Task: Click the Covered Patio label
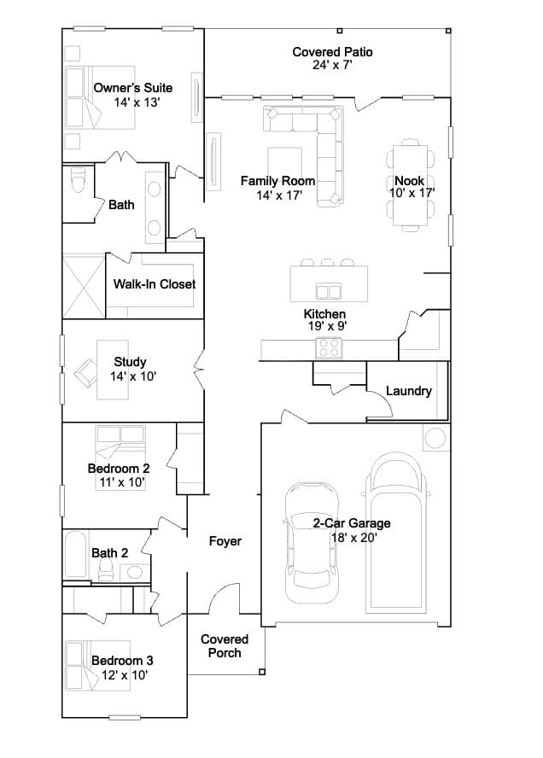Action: click(x=332, y=52)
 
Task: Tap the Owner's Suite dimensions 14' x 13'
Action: click(x=137, y=102)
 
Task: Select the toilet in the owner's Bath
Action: click(x=78, y=180)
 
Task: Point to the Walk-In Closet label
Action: click(x=155, y=283)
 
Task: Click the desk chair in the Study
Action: click(x=85, y=373)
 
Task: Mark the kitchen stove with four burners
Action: click(x=329, y=347)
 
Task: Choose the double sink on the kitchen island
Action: click(x=329, y=291)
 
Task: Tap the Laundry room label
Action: click(x=409, y=391)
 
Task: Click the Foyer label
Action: click(x=225, y=541)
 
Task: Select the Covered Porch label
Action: click(x=225, y=646)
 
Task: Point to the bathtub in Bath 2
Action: click(x=75, y=555)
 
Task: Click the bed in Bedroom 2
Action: click(x=120, y=458)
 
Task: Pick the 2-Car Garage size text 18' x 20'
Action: click(x=354, y=537)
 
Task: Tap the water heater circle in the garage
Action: click(x=435, y=439)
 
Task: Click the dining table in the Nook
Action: click(x=410, y=185)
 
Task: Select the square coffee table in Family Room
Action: click(x=285, y=165)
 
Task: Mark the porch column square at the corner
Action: click(x=262, y=672)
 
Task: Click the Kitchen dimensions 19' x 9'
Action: click(x=327, y=326)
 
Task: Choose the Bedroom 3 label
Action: click(x=122, y=661)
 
